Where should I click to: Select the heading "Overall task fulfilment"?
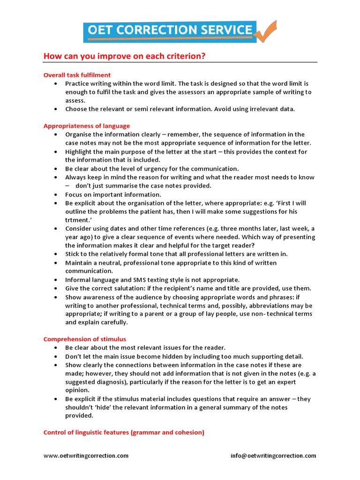77,75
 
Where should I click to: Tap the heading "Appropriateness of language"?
87,126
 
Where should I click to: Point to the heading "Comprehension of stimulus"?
85,339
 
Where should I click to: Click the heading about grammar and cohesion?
124,433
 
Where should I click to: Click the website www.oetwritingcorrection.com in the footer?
86,456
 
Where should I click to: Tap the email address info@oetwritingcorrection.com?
273,456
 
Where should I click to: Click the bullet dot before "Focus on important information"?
55,195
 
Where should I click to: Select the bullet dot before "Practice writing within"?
55,83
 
